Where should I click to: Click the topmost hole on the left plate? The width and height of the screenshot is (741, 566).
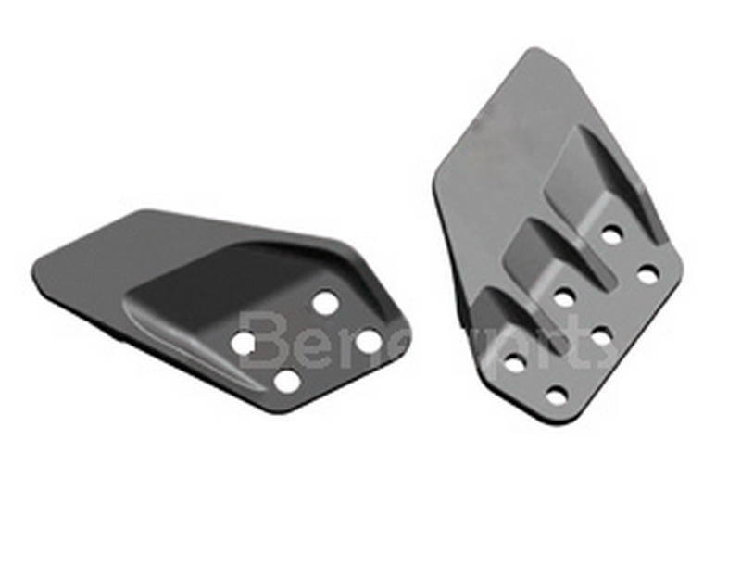pos(325,302)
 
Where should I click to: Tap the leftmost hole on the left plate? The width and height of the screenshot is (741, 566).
pos(244,344)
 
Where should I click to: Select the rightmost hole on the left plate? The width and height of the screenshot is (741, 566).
pos(368,341)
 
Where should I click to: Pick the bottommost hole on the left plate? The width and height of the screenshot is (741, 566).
pos(287,380)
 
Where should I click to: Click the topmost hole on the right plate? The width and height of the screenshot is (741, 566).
pos(610,234)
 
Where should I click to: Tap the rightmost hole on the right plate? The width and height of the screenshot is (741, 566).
pos(648,274)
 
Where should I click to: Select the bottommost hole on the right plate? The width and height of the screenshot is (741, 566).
pos(556,396)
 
